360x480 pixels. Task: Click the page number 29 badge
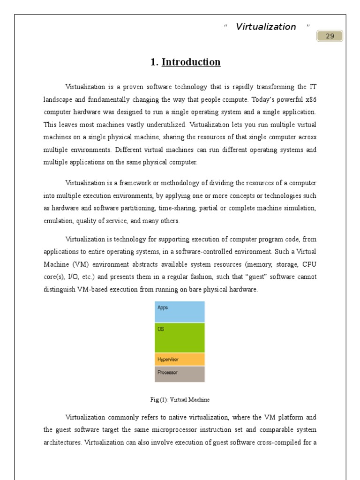330,36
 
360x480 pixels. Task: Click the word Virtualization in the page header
266,27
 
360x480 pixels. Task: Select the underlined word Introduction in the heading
191,62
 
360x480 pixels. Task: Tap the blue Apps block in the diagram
180,312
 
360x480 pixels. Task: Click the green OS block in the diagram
180,337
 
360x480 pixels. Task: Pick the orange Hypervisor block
180,360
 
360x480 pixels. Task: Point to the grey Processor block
180,374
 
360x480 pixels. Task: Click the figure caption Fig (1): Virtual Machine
180,400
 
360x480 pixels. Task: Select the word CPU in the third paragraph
309,264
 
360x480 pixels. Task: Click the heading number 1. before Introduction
154,62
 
